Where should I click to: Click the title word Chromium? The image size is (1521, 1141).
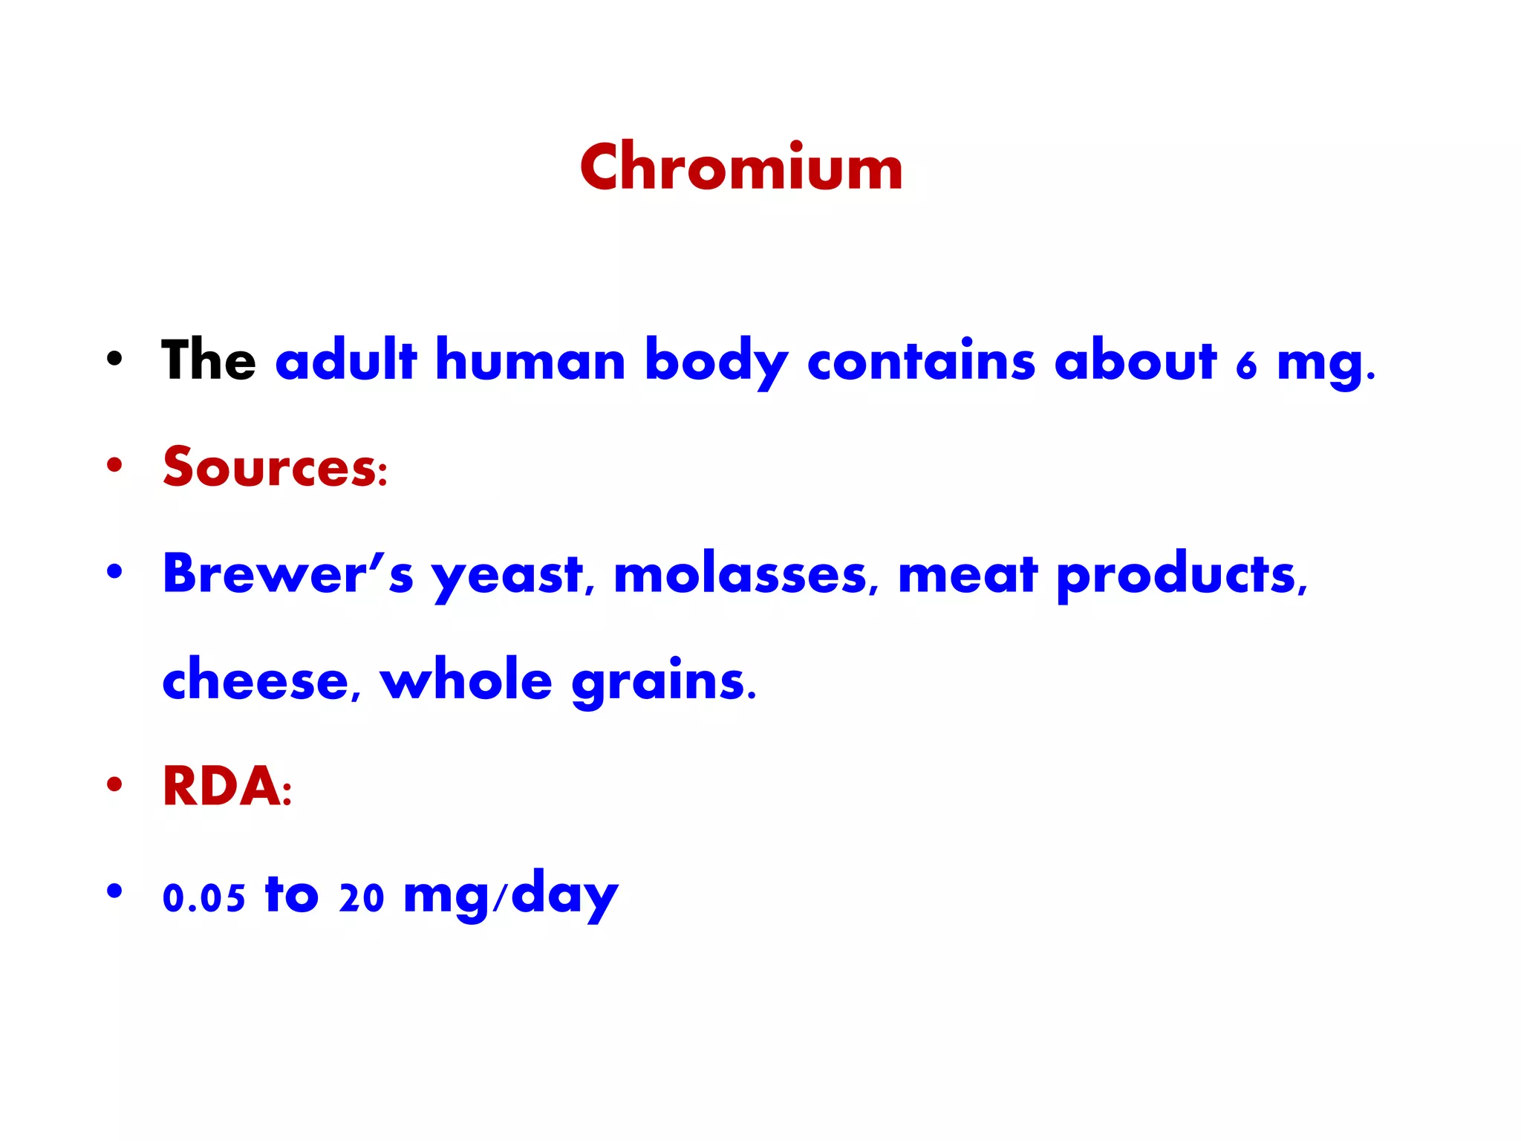(740, 168)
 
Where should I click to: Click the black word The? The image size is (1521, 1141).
(209, 360)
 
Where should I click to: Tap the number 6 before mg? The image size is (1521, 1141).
(1246, 365)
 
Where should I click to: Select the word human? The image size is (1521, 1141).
(530, 360)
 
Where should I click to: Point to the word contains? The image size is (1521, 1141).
(920, 360)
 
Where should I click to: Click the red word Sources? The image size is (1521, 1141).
(270, 467)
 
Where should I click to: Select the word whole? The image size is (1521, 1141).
(466, 679)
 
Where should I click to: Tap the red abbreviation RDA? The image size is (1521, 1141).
(222, 787)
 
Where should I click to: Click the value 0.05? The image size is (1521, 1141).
(203, 897)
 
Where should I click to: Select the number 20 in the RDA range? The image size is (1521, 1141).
(362, 897)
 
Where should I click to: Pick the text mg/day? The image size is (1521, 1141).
(511, 896)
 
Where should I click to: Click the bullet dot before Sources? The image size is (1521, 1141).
(114, 466)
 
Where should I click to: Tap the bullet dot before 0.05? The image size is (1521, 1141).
(114, 890)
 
